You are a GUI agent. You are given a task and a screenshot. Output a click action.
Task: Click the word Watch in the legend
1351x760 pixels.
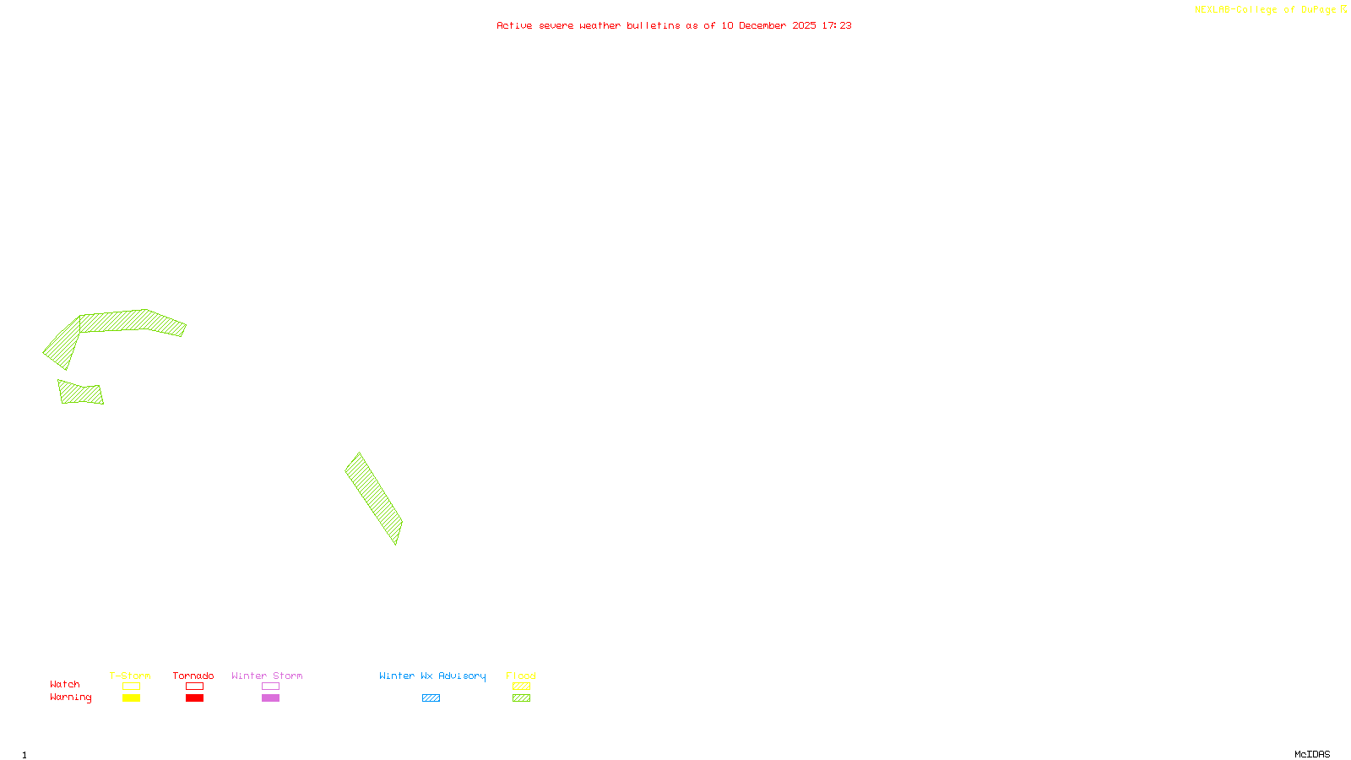click(x=65, y=685)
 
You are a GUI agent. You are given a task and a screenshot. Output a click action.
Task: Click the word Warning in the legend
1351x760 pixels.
click(x=70, y=698)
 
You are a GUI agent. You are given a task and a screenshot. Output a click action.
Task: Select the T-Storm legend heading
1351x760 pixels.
click(x=130, y=676)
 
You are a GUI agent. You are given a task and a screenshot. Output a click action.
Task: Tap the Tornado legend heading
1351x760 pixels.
click(x=193, y=676)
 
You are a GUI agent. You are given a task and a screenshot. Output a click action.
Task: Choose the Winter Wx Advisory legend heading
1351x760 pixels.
click(x=432, y=676)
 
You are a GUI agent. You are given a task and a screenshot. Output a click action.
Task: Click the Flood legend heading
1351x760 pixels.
click(x=521, y=676)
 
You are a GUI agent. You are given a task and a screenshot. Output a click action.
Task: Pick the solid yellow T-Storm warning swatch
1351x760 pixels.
click(x=131, y=698)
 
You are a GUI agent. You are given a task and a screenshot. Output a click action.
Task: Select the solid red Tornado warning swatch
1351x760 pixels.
click(x=194, y=698)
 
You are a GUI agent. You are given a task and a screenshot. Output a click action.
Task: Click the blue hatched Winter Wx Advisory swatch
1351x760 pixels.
click(x=431, y=698)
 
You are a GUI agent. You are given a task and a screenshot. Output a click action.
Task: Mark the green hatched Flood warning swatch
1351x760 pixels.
click(x=521, y=698)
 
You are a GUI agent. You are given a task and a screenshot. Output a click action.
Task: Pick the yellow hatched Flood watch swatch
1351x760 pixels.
click(x=521, y=687)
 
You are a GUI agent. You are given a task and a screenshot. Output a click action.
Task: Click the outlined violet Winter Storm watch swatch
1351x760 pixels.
click(x=270, y=687)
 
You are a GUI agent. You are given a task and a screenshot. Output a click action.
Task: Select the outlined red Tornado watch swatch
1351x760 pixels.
click(x=194, y=687)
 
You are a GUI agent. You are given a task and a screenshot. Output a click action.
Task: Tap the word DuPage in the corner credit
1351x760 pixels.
click(x=1318, y=9)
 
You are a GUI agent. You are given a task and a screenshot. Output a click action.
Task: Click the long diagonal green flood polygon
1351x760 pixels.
click(x=373, y=497)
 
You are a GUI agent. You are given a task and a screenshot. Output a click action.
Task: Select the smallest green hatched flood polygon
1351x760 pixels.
click(x=81, y=394)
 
